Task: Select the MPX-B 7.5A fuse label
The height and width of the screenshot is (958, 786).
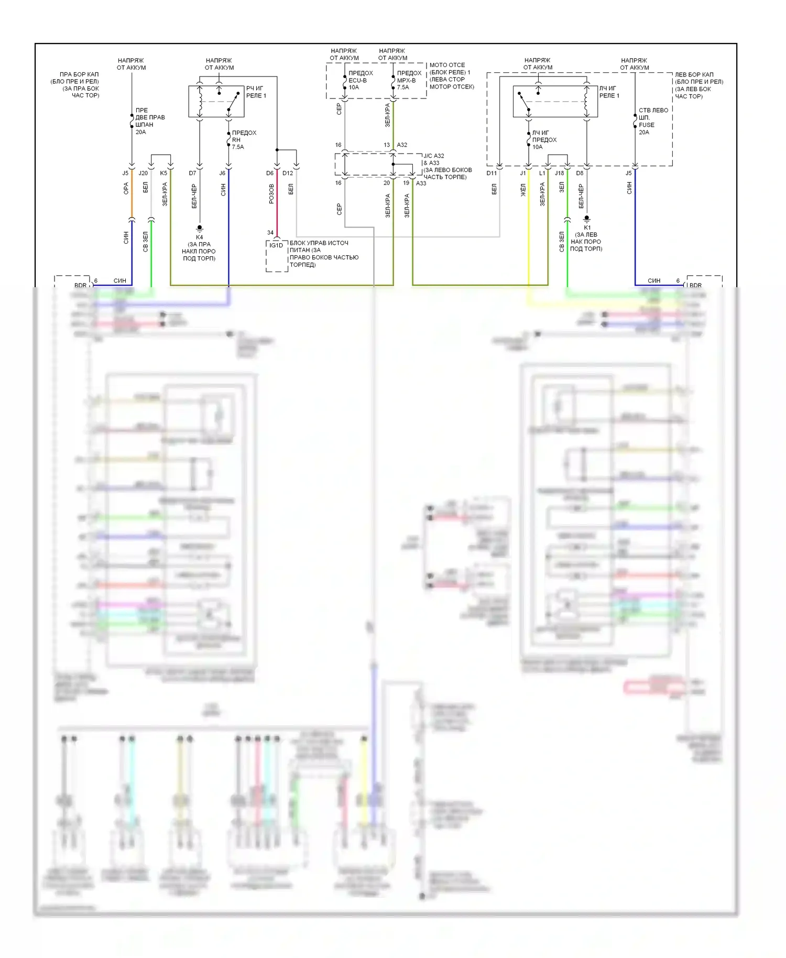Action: click(408, 80)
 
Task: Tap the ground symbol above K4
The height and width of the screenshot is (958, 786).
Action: click(200, 228)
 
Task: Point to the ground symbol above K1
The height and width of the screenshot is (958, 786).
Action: click(587, 219)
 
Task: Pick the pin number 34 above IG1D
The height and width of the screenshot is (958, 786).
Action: click(270, 233)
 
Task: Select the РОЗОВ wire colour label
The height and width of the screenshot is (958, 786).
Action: click(271, 193)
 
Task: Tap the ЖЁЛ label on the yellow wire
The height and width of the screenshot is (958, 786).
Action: click(523, 190)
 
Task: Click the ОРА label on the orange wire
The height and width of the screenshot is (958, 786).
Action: click(126, 189)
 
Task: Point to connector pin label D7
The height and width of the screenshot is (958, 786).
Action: click(192, 173)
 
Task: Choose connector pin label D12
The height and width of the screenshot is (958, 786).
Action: click(288, 173)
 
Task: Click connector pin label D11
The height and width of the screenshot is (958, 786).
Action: click(492, 173)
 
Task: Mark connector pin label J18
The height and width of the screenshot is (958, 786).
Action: click(560, 173)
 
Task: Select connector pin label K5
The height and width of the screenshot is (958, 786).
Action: click(163, 173)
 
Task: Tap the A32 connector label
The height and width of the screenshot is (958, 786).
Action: click(402, 145)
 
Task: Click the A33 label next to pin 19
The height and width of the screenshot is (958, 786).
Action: click(421, 183)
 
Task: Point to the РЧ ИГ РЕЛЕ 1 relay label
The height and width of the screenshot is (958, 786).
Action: click(256, 92)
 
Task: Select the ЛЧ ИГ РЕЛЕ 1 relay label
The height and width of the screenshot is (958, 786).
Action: click(609, 92)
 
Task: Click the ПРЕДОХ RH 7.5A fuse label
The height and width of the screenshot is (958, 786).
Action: click(244, 140)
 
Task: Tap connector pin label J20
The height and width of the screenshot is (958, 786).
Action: click(143, 173)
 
